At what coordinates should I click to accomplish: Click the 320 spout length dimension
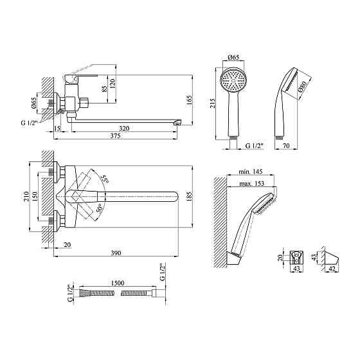[124, 128]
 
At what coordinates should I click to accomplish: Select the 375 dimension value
[115, 136]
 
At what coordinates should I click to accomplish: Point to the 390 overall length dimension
[116, 253]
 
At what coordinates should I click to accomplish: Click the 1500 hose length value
[118, 283]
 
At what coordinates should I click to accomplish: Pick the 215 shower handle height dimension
[212, 104]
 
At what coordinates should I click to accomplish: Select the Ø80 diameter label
[302, 86]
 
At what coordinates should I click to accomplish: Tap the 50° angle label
[100, 208]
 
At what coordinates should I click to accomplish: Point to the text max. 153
[252, 183]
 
